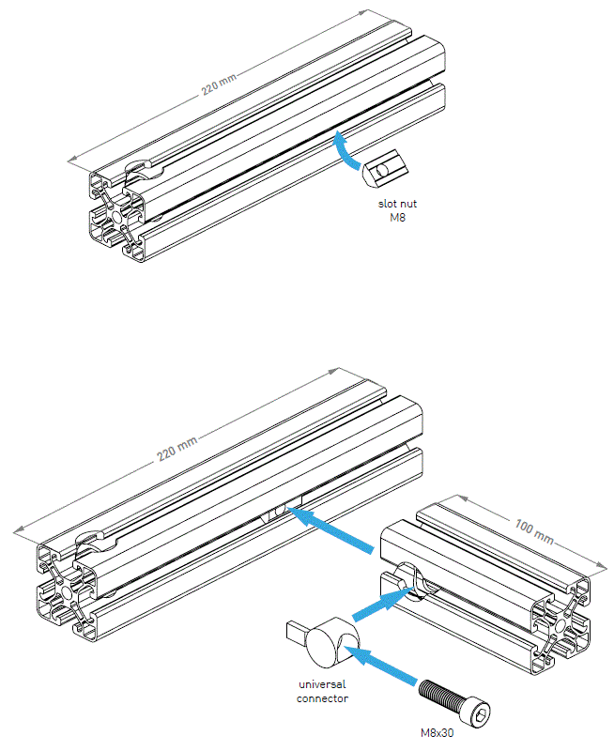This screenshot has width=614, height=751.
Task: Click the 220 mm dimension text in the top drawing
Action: [x=221, y=85]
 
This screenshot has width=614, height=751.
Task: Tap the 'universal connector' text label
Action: [x=321, y=692]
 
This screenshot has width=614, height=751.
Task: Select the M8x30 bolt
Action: [x=454, y=699]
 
